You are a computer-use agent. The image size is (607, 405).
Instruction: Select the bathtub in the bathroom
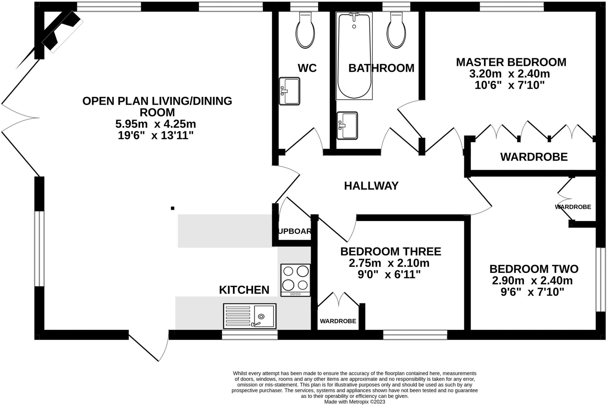(354, 56)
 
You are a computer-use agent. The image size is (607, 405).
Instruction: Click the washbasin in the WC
(289, 91)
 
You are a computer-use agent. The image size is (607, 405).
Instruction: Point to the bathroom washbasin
(347, 126)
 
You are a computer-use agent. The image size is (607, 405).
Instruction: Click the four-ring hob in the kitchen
(295, 280)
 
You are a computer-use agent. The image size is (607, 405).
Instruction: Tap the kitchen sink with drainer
(250, 316)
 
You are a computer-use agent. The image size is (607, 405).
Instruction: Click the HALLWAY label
(371, 186)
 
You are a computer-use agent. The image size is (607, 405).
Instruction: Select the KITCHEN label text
(244, 290)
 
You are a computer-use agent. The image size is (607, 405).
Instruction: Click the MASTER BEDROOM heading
(511, 62)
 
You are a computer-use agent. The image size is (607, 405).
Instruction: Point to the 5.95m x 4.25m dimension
(156, 124)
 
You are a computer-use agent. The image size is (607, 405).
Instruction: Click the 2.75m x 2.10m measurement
(389, 263)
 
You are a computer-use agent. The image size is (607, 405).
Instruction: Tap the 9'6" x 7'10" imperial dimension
(532, 292)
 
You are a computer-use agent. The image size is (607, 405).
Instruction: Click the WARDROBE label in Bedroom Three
(338, 321)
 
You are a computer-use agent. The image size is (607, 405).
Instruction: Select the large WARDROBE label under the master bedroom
(534, 157)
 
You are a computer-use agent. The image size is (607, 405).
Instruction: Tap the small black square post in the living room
(172, 208)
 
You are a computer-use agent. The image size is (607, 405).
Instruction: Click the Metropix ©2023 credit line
(354, 402)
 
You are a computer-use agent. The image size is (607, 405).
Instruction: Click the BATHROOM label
(381, 68)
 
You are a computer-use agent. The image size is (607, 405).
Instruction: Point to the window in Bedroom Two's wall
(601, 279)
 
